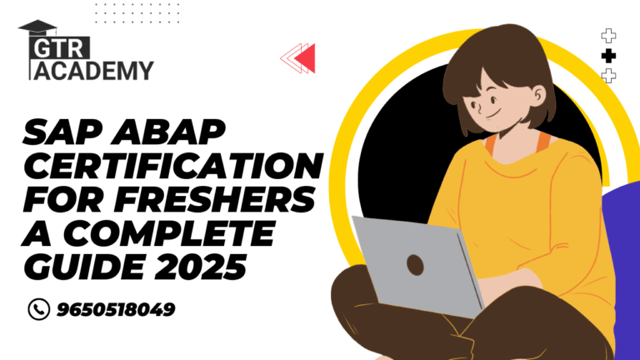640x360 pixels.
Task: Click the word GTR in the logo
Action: tap(60, 49)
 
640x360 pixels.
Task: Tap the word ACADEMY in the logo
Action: tap(93, 71)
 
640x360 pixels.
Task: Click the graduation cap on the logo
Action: tap(37, 27)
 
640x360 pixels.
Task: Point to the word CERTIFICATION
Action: tap(173, 166)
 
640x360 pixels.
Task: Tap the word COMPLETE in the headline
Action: tap(169, 233)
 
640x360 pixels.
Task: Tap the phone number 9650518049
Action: tap(116, 309)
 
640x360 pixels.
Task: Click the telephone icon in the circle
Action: tap(39, 309)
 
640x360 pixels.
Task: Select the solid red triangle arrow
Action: tap(305, 58)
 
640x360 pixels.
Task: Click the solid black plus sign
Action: tap(608, 56)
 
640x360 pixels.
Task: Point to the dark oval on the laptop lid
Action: tap(415, 265)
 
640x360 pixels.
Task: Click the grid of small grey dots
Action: tap(137, 13)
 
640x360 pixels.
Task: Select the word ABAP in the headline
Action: tap(168, 132)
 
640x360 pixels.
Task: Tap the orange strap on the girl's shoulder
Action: tap(542, 142)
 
